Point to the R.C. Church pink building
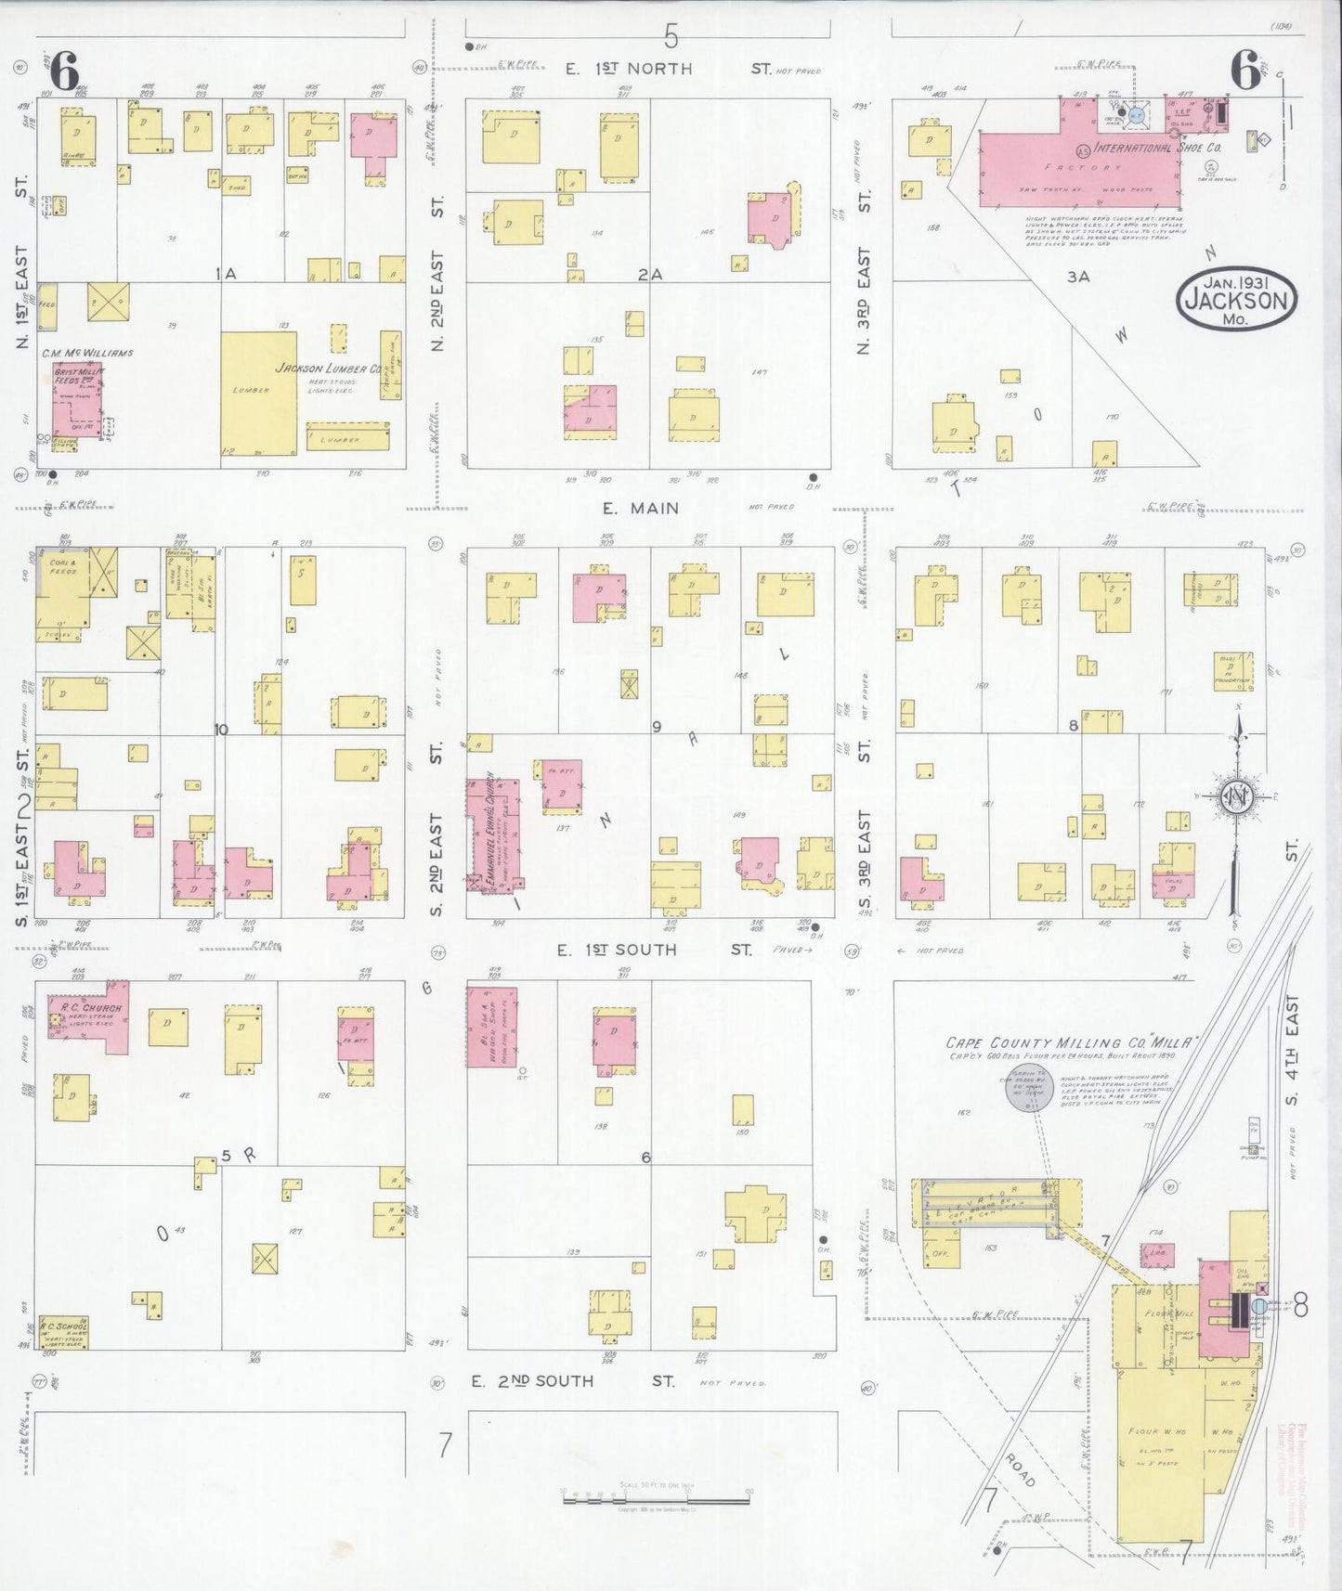click(89, 1016)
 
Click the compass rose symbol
click(1238, 797)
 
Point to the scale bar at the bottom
click(656, 1496)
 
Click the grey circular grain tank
click(1028, 1087)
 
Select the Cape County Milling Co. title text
click(1068, 1042)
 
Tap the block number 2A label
click(649, 275)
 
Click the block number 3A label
click(1077, 277)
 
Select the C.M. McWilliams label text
click(87, 353)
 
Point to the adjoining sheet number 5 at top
click(671, 37)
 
